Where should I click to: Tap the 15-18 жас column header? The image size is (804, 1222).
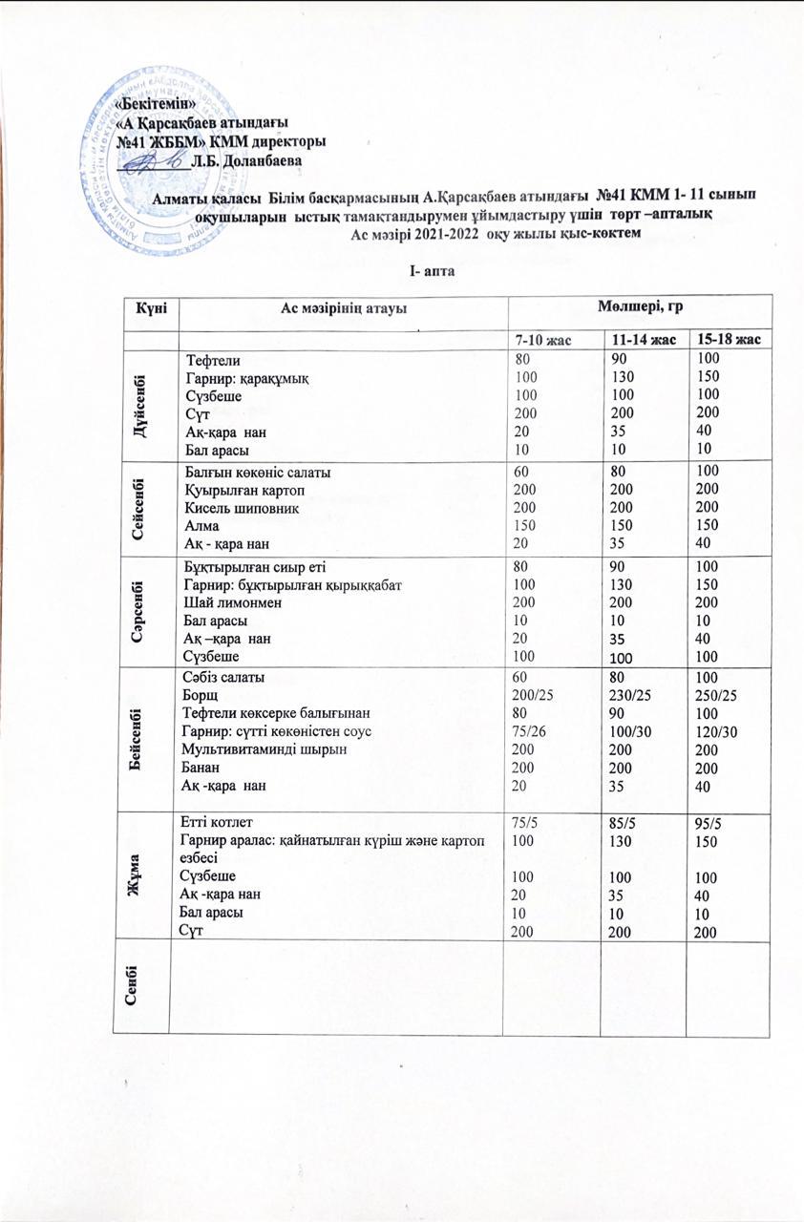(x=729, y=339)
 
